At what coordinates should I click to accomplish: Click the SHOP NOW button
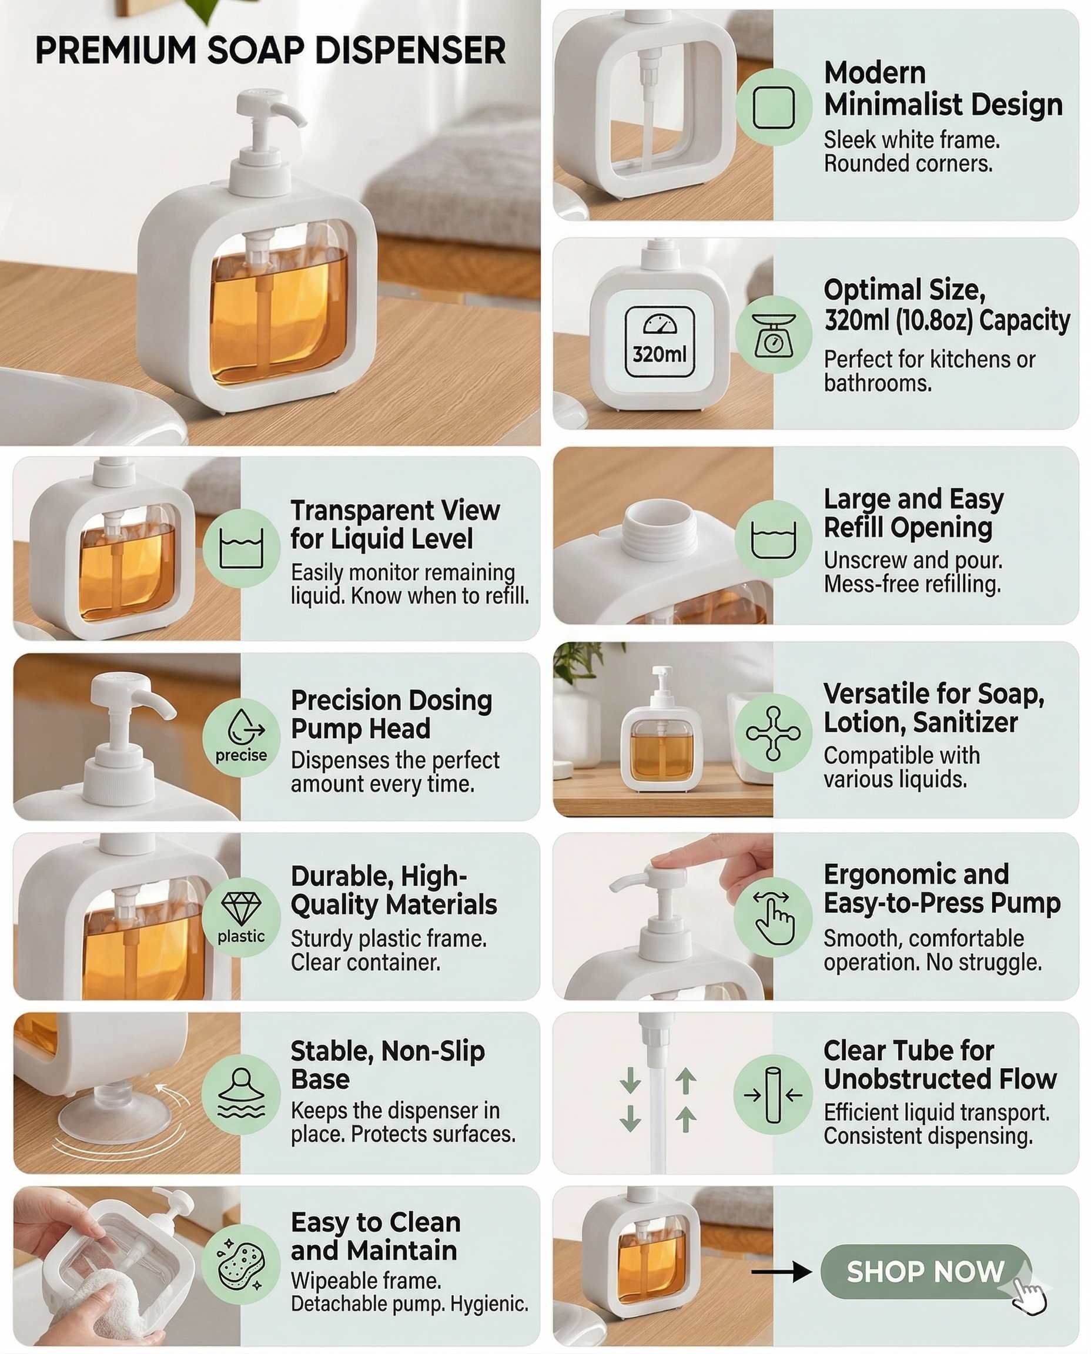click(x=926, y=1272)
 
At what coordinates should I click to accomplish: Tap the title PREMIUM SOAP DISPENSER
click(x=270, y=51)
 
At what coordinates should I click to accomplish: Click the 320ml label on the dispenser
click(x=660, y=354)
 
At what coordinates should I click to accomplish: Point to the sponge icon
click(x=242, y=1264)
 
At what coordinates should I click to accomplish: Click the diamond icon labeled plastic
click(x=242, y=908)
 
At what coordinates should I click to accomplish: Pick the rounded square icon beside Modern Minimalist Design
click(x=774, y=108)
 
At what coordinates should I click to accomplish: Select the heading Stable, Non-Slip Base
click(x=388, y=1064)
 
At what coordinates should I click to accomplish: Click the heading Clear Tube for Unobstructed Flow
click(x=940, y=1064)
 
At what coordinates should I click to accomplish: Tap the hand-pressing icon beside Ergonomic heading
click(x=774, y=917)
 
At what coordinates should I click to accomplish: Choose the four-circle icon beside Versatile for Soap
click(x=773, y=733)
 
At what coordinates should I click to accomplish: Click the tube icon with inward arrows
click(x=773, y=1094)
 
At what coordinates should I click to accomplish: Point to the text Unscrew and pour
click(x=913, y=560)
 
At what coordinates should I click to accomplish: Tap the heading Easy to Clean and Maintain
click(x=376, y=1236)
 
